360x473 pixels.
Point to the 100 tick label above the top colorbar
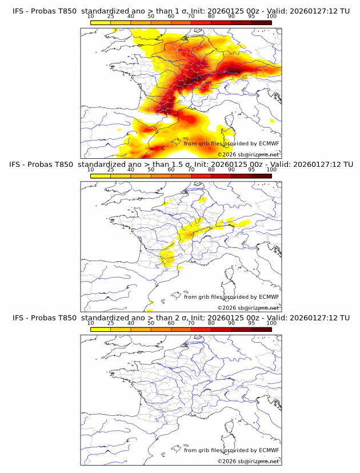[271, 17]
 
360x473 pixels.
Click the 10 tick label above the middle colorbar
[91, 170]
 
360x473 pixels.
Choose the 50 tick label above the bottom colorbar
[151, 323]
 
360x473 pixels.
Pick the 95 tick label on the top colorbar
[251, 17]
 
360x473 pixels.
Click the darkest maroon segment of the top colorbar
[261, 22]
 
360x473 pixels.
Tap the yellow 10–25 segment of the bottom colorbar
[101, 329]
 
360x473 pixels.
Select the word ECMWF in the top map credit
[269, 143]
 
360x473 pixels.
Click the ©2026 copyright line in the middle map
[248, 307]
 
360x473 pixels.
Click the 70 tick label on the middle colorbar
[191, 170]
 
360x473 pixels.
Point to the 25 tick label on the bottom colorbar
[111, 323]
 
